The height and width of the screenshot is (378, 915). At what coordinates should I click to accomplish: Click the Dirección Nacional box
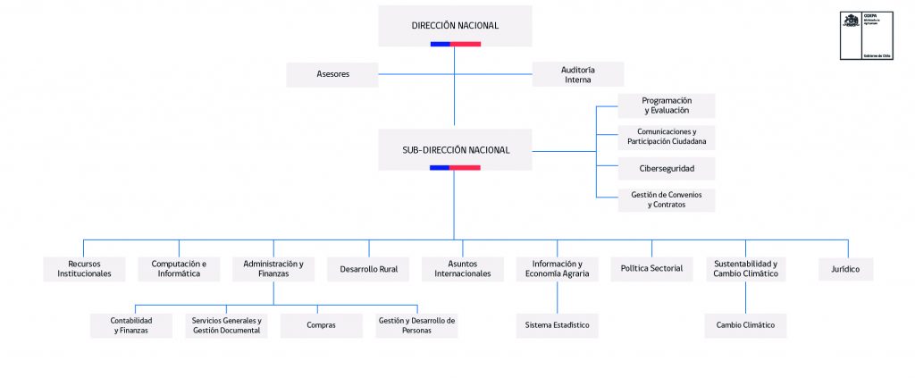pyautogui.click(x=455, y=25)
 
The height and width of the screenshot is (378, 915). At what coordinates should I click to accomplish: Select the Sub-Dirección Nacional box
pyautogui.click(x=455, y=149)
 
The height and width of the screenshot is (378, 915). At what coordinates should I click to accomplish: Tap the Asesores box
pyautogui.click(x=332, y=74)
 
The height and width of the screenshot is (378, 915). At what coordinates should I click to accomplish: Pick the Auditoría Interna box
pyautogui.click(x=577, y=74)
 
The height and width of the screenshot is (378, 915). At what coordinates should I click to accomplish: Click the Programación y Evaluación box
pyautogui.click(x=666, y=105)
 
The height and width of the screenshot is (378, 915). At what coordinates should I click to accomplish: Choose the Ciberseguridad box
pyautogui.click(x=666, y=168)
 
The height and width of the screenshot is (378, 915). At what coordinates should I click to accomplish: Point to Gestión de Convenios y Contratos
pyautogui.click(x=666, y=199)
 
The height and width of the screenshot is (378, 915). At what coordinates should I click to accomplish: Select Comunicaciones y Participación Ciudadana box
pyautogui.click(x=666, y=137)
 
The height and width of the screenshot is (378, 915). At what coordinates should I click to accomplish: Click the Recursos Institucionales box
pyautogui.click(x=84, y=269)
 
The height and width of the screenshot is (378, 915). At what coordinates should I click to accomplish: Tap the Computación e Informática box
pyautogui.click(x=179, y=269)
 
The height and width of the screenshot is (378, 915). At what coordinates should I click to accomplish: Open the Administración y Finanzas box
pyautogui.click(x=273, y=269)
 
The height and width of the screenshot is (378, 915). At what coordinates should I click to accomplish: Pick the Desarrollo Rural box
pyautogui.click(x=368, y=269)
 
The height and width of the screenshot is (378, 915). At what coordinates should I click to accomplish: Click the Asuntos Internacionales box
pyautogui.click(x=463, y=269)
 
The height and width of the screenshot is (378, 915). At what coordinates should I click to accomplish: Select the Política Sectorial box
pyautogui.click(x=651, y=269)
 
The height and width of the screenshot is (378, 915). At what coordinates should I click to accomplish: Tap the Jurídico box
pyautogui.click(x=845, y=269)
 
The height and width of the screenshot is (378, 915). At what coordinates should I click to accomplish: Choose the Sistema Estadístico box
pyautogui.click(x=558, y=325)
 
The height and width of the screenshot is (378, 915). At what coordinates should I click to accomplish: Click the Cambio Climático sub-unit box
pyautogui.click(x=745, y=325)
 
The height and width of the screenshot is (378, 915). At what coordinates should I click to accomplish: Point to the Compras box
pyautogui.click(x=321, y=325)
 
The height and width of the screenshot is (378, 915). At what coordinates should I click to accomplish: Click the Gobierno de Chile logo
pyautogui.click(x=865, y=37)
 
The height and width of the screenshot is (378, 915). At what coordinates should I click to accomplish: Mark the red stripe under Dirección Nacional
pyautogui.click(x=466, y=44)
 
